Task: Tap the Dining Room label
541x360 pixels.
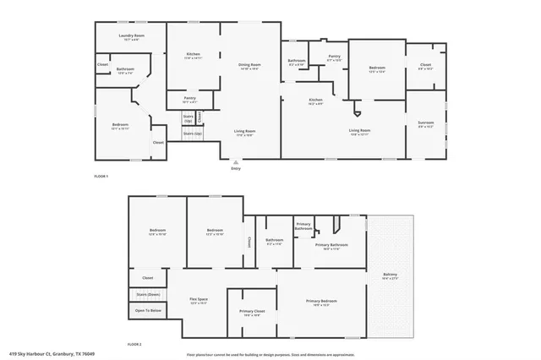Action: pyautogui.click(x=249, y=65)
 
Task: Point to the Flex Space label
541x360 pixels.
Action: pyautogui.click(x=199, y=300)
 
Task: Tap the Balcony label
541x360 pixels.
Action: pyautogui.click(x=390, y=275)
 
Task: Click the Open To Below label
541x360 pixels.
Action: pyautogui.click(x=147, y=310)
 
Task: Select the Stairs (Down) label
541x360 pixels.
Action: pyautogui.click(x=147, y=294)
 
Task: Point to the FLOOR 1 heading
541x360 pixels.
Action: pyautogui.click(x=101, y=175)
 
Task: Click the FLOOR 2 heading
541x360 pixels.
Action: pyautogui.click(x=134, y=345)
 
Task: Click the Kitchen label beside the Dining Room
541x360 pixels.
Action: pyautogui.click(x=193, y=55)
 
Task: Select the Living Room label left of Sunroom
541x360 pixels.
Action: pyautogui.click(x=360, y=130)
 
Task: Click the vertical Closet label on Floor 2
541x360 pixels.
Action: pyautogui.click(x=249, y=242)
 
